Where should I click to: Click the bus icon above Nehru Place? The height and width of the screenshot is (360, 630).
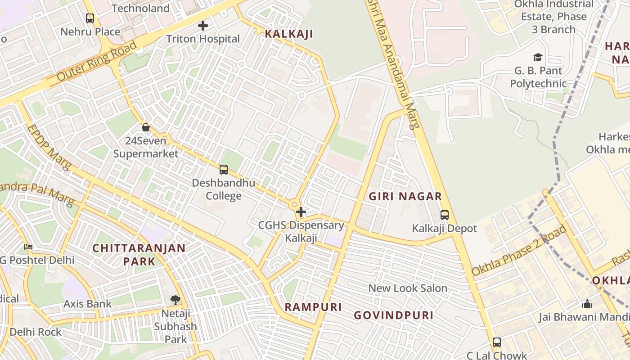click(x=90, y=18)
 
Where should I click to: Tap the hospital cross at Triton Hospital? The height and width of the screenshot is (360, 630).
click(x=203, y=26)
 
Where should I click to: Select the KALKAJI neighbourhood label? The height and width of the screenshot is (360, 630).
click(x=288, y=34)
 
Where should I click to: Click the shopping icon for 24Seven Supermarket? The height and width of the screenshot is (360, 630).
click(x=145, y=127)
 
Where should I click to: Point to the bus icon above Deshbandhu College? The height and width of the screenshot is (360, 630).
click(x=223, y=170)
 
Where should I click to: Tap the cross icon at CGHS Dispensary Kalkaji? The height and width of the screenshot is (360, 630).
click(x=301, y=212)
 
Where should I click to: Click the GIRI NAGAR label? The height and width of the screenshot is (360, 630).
click(x=405, y=196)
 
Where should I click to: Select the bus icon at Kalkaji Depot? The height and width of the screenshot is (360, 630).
click(x=444, y=215)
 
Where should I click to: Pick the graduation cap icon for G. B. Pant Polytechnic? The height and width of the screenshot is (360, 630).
click(x=538, y=57)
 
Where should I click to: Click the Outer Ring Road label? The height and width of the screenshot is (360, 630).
click(x=97, y=61)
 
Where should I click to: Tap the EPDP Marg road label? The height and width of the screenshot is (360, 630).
click(x=49, y=148)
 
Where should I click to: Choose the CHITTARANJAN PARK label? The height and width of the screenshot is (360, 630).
click(x=139, y=254)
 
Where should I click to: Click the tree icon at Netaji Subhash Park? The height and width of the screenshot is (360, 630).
click(x=175, y=300)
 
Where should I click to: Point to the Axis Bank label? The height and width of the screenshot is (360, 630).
click(x=87, y=304)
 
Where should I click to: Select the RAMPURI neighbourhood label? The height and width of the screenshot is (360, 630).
click(x=313, y=307)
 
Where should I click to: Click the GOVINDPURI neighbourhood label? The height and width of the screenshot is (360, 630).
click(x=393, y=315)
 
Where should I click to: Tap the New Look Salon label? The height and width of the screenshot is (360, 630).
click(x=408, y=288)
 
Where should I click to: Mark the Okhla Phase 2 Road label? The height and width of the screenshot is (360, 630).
click(x=519, y=251)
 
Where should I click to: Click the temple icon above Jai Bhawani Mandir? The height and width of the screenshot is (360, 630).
click(x=587, y=304)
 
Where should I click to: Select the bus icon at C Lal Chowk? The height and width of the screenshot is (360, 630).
click(x=496, y=342)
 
